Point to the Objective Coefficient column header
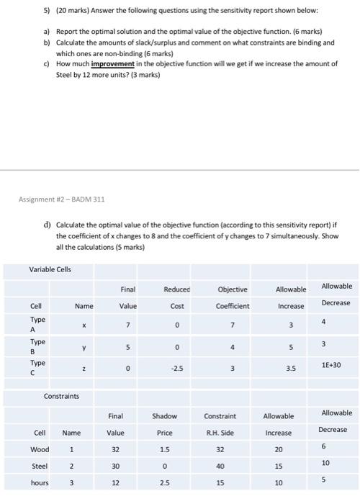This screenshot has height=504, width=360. click(x=232, y=297)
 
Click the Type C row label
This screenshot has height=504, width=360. click(x=37, y=367)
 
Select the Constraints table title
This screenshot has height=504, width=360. click(x=61, y=397)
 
